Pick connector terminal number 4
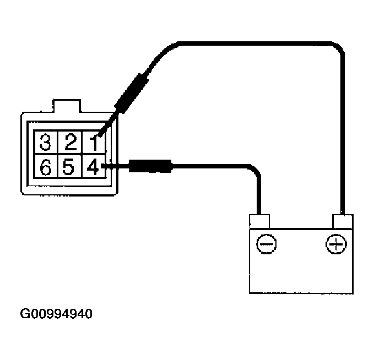pyautogui.click(x=93, y=165)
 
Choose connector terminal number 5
pyautogui.click(x=69, y=166)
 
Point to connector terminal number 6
pyautogui.click(x=46, y=166)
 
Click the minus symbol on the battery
pyautogui.click(x=267, y=243)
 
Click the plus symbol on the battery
pyautogui.click(x=334, y=243)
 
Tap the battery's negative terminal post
pyautogui.click(x=259, y=221)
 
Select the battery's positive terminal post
pyautogui.click(x=342, y=221)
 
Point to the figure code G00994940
pyautogui.click(x=56, y=315)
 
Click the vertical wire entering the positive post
pyautogui.click(x=343, y=138)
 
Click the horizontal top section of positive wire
pyautogui.click(x=248, y=42)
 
